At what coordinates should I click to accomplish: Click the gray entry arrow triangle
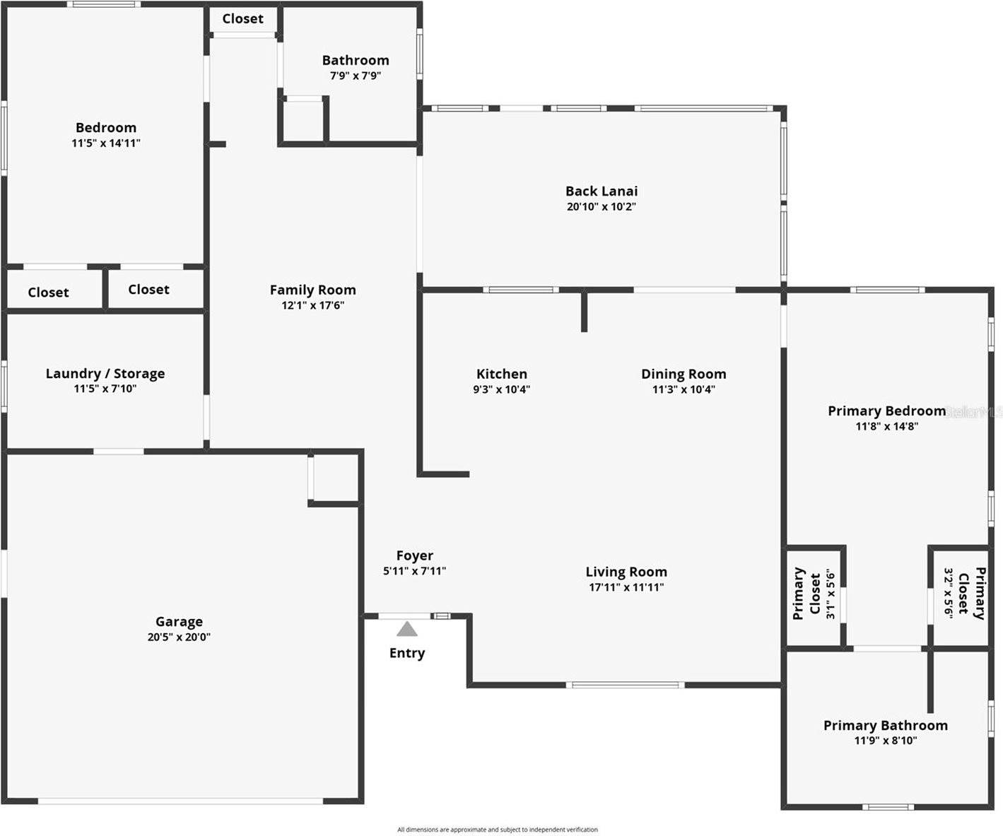406,629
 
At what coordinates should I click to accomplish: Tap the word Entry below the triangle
407,653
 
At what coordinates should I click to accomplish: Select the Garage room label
179,622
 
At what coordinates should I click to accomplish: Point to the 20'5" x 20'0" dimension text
179,637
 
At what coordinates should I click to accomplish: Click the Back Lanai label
602,191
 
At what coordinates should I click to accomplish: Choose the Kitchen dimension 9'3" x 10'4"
501,389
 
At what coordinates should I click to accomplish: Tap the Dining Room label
684,374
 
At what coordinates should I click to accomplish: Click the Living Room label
626,572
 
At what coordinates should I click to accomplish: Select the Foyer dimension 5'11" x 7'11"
414,571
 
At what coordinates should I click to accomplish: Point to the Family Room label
312,290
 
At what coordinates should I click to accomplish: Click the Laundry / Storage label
105,373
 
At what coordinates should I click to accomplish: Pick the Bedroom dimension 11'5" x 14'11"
106,143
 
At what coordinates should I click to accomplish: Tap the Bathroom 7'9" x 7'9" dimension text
356,76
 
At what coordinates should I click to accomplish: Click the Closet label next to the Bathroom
242,19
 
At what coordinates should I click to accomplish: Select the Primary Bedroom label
886,411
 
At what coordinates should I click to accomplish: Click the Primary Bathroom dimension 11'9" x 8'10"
886,741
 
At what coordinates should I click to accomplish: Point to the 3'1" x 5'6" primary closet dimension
831,594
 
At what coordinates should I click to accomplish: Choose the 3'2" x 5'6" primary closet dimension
949,592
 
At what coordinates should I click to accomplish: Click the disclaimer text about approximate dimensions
498,830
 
